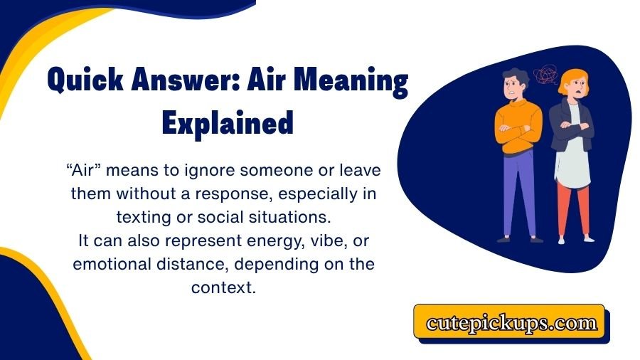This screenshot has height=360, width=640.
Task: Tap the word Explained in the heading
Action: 228,123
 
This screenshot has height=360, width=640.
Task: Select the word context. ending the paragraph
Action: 223,287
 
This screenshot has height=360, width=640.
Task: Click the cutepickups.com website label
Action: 511,323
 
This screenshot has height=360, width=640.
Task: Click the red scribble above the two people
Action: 547,76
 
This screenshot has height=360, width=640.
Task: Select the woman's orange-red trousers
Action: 573,206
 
